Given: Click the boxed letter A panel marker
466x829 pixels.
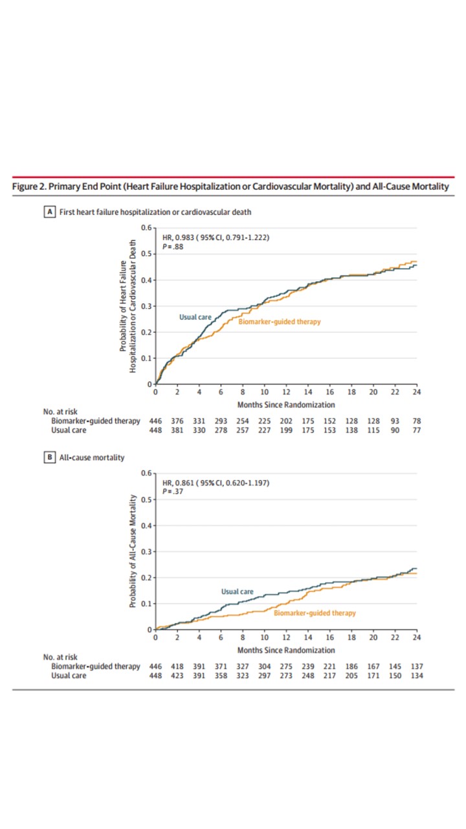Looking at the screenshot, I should (49, 211).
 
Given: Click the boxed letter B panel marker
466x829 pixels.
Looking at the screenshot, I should (49, 457).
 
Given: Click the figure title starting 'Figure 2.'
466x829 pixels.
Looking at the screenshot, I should (230, 187).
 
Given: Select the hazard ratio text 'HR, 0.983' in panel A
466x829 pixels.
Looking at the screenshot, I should (177, 237).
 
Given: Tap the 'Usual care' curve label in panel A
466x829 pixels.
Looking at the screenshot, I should (195, 317).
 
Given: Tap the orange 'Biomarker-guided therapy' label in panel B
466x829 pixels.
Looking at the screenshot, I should (315, 613).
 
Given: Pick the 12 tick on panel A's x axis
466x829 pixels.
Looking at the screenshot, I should (285, 392).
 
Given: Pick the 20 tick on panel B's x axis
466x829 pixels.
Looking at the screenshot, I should (373, 638).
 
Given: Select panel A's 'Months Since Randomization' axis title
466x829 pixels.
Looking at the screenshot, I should (286, 405).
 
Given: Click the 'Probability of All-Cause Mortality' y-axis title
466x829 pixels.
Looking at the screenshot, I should (132, 552).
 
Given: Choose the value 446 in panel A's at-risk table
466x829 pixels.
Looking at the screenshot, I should (155, 421).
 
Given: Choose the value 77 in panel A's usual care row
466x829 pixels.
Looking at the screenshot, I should (416, 429).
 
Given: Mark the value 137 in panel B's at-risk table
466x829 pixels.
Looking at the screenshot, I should (416, 666).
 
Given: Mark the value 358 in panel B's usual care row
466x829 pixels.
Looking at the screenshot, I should (221, 676).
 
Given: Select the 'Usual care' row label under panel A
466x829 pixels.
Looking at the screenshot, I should (69, 429).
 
